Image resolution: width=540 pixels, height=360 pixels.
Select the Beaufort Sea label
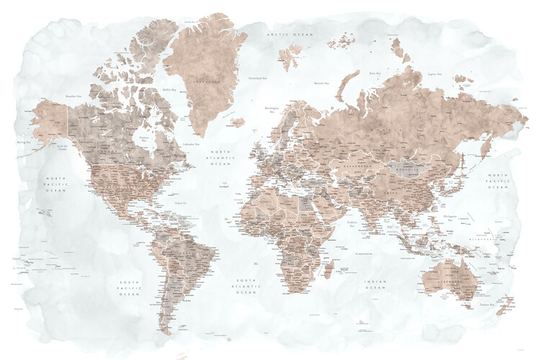tap(71, 95)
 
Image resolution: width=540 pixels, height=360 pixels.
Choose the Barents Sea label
tap(321, 84)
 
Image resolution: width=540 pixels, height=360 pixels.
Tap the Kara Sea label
tap(374, 73)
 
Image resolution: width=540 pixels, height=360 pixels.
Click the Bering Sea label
tap(23, 143)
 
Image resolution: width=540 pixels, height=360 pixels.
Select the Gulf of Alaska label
tap(63, 148)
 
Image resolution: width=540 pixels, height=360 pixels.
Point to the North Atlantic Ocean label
tap(219, 158)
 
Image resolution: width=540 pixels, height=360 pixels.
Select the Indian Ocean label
tap(376, 284)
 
